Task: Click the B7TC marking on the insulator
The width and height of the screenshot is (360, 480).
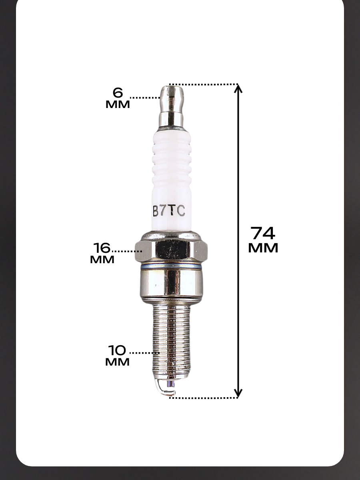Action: click(x=169, y=211)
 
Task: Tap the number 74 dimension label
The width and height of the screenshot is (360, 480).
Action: click(x=263, y=233)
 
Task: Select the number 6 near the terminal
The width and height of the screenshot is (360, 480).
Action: click(x=118, y=93)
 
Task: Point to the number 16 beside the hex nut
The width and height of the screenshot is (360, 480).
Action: click(x=102, y=248)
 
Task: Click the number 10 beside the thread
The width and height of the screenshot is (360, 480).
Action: click(x=117, y=350)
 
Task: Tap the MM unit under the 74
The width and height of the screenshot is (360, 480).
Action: click(x=263, y=248)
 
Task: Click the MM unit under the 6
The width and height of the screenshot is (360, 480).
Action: click(x=118, y=104)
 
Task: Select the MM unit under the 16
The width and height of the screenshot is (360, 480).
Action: click(x=102, y=260)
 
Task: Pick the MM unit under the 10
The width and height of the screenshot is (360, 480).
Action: click(x=117, y=362)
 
